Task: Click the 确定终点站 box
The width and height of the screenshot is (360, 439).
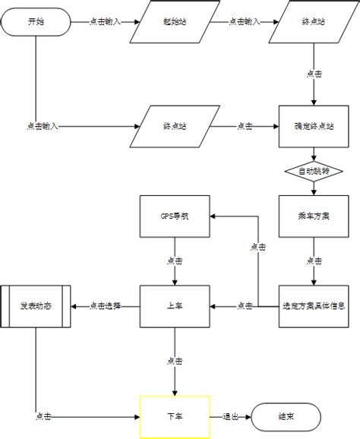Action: (314, 126)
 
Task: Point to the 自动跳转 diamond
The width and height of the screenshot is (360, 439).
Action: (314, 172)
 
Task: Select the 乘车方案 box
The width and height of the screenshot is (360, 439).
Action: (314, 216)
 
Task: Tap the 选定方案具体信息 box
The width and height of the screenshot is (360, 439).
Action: (314, 306)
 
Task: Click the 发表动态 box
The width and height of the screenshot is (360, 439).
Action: (36, 306)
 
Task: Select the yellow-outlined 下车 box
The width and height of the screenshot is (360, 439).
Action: (174, 417)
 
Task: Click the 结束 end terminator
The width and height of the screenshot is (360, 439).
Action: (287, 417)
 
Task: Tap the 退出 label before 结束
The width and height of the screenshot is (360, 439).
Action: (232, 417)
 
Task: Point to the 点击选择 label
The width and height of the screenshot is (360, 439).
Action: (105, 306)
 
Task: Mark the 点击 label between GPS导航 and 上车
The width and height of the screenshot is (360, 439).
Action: (174, 261)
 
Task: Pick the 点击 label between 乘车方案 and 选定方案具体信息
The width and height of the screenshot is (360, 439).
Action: (314, 261)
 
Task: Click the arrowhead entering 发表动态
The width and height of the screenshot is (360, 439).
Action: (74, 306)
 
